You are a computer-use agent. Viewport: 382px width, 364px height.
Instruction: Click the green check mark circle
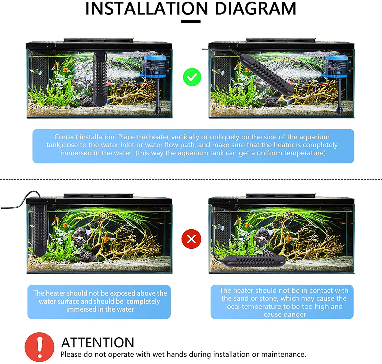click(x=192, y=77)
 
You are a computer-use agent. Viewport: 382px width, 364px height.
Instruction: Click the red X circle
click(x=191, y=239)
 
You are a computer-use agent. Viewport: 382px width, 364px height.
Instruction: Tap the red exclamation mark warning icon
click(x=39, y=347)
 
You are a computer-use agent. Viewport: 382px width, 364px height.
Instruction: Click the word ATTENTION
click(x=98, y=342)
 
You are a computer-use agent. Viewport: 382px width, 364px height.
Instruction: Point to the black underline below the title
click(x=191, y=22)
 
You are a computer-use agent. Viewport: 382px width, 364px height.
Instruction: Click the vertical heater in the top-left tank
click(x=100, y=79)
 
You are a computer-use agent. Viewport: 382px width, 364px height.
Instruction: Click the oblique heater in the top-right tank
click(x=266, y=75)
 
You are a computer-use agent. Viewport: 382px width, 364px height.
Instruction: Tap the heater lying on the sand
click(x=254, y=261)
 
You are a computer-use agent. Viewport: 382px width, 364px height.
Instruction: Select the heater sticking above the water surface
click(x=40, y=229)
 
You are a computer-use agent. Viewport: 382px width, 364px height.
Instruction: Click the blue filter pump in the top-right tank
click(x=337, y=66)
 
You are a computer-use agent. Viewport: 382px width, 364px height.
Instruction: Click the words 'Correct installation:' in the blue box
click(x=85, y=137)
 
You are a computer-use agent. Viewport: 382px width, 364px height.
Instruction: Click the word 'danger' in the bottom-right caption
click(x=295, y=314)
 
